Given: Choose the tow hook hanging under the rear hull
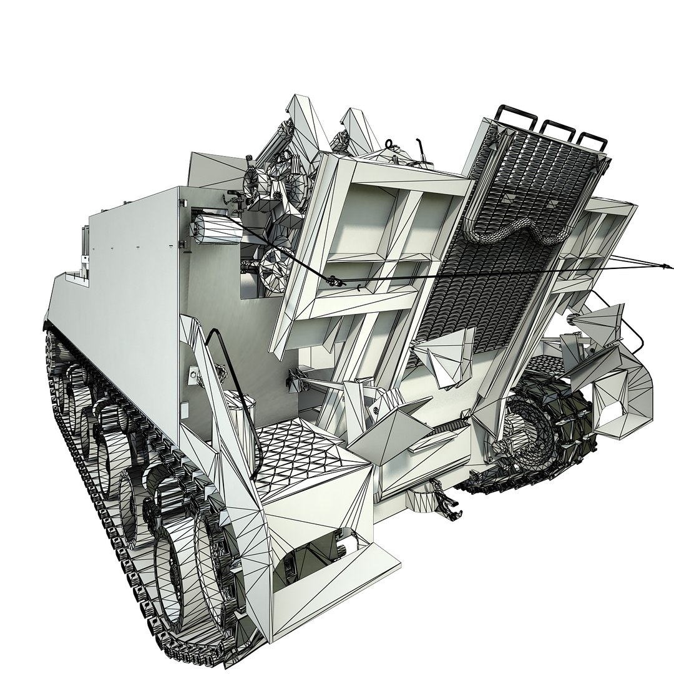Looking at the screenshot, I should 446,503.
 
